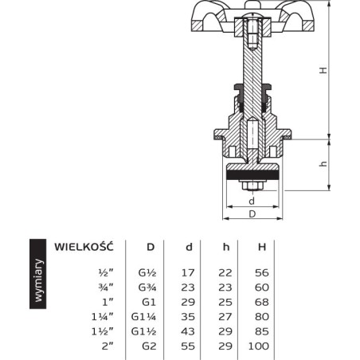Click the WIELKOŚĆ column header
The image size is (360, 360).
point(84,247)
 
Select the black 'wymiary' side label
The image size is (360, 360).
point(38,274)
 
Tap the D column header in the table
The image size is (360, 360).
point(151,247)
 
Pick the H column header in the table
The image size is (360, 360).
point(262,247)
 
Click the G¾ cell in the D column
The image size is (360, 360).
point(147,288)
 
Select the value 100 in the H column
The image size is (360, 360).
point(258,346)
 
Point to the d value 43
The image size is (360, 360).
point(188,331)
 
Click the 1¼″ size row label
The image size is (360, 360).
point(102,317)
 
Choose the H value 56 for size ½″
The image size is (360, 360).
point(262,272)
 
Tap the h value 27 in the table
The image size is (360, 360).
point(225,317)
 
